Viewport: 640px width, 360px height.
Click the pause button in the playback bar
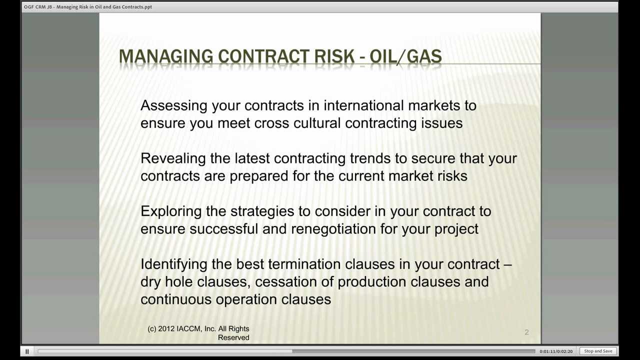click(27, 351)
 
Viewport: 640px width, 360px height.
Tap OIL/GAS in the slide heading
click(405, 56)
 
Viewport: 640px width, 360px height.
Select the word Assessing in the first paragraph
click(173, 105)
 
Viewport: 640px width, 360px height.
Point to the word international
click(363, 105)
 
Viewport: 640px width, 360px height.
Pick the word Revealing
click(173, 158)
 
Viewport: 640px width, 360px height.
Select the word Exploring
click(171, 211)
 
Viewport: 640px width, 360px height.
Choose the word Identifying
click(173, 264)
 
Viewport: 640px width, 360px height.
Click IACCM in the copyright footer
click(188, 329)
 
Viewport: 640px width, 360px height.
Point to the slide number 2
click(526, 332)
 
